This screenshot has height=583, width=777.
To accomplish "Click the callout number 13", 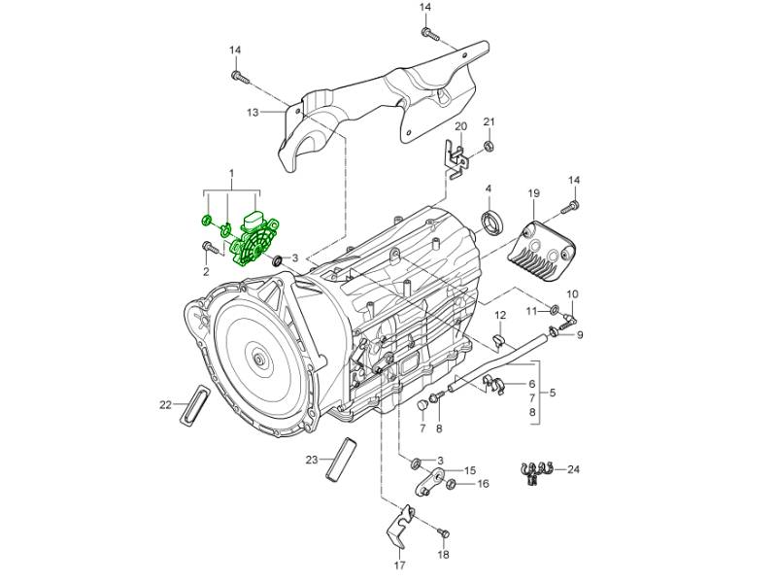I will pyautogui.click(x=253, y=113).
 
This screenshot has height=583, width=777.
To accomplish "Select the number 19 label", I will pyautogui.click(x=533, y=195).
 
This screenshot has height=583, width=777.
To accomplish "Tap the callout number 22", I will pyautogui.click(x=166, y=404).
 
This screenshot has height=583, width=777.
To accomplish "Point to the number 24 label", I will pyautogui.click(x=573, y=469).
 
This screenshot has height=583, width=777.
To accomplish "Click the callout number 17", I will pyautogui.click(x=399, y=565).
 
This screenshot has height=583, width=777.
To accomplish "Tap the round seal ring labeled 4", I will pyautogui.click(x=495, y=223).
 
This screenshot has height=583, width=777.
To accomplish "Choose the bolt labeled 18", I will pyautogui.click(x=444, y=532).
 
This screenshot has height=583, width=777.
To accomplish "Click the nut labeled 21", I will pyautogui.click(x=490, y=147).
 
